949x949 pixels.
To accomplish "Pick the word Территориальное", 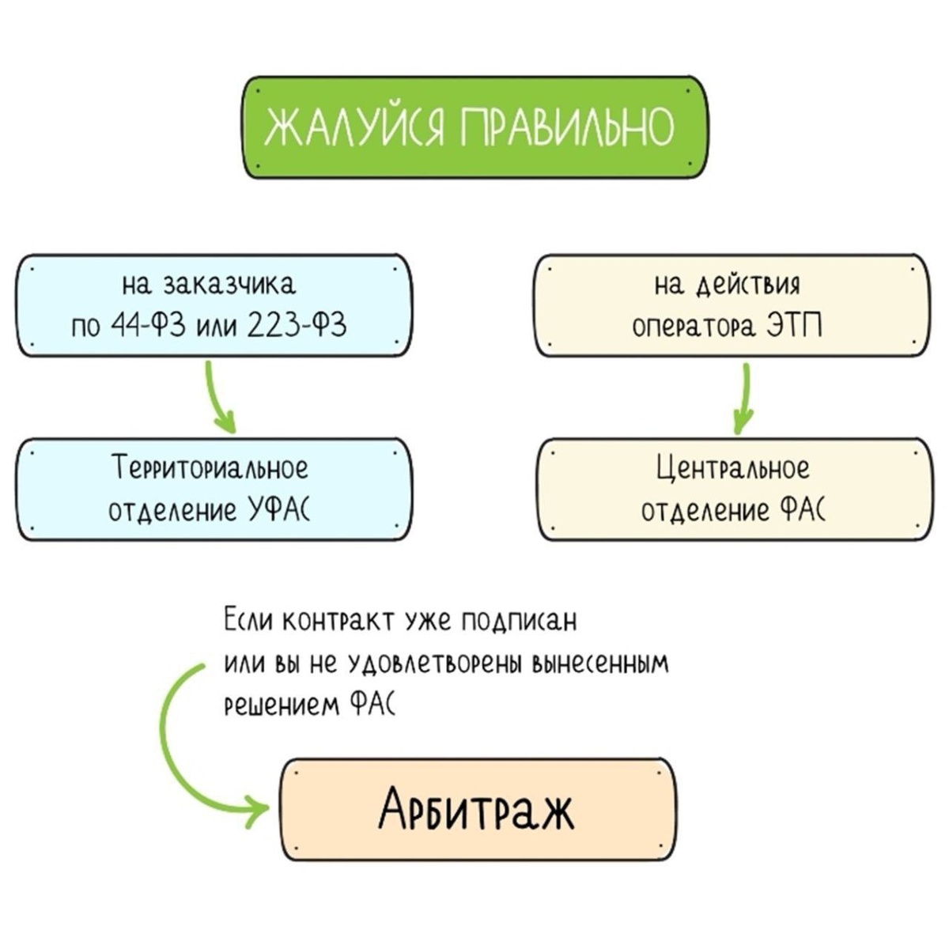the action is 210,467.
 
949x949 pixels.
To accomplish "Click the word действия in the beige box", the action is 748,284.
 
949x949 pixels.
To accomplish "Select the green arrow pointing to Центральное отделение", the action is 743,399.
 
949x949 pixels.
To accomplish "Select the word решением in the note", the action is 281,705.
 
